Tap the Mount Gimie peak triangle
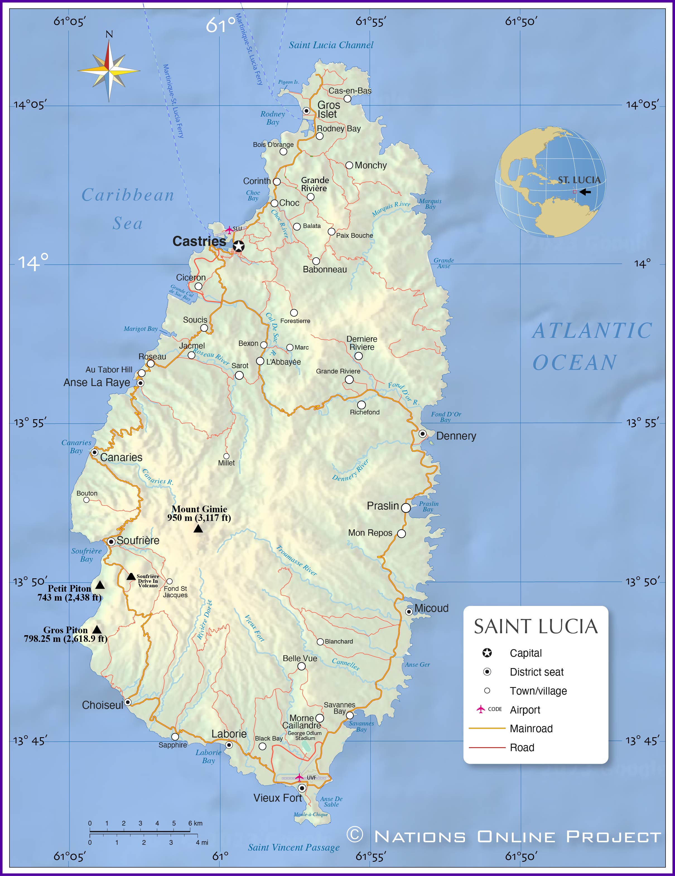198,529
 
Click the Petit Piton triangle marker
100,585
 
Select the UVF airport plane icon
299,777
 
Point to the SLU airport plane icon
229,230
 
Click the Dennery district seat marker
422,434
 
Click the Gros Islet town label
328,110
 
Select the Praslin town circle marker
406,508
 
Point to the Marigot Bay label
141,329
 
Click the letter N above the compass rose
109,35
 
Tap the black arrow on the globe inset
585,192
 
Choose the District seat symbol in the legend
487,671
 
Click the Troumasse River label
296,560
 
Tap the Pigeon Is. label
288,82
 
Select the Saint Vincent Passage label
293,848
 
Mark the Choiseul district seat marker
128,702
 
